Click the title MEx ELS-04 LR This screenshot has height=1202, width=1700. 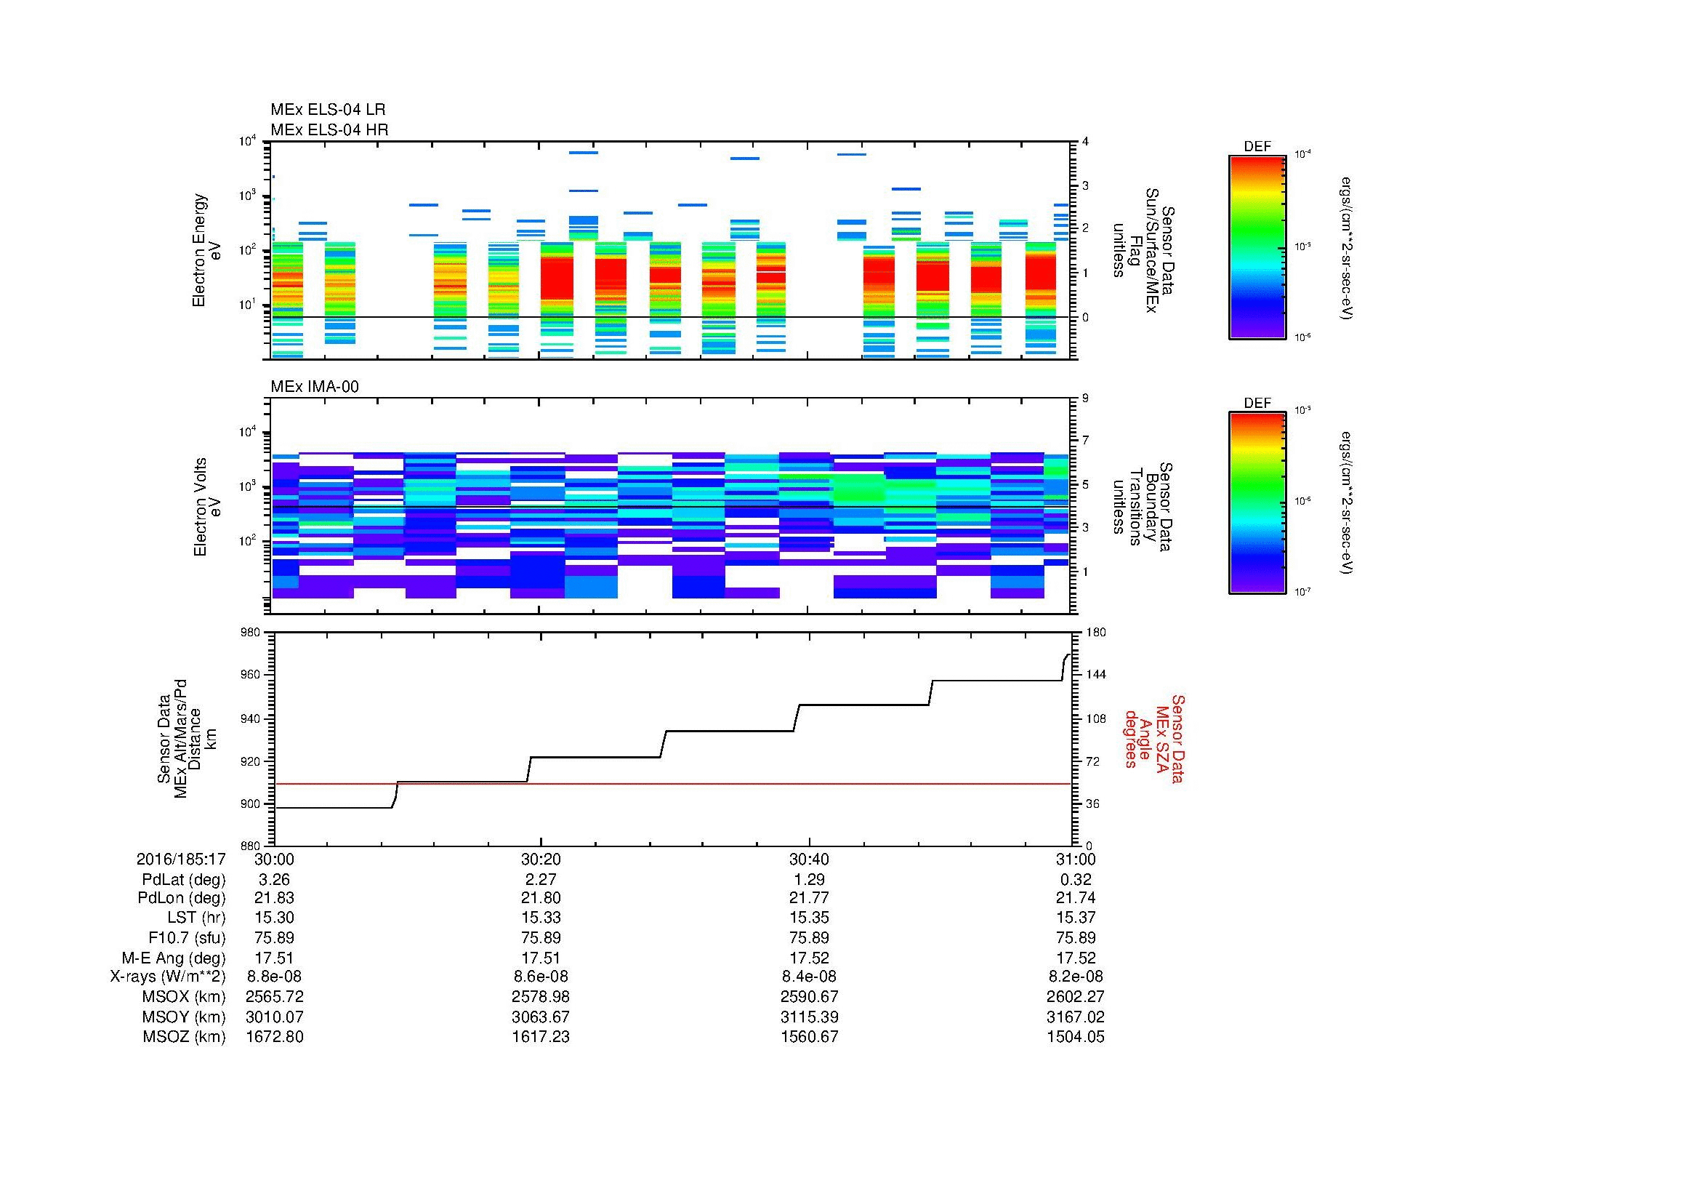[327, 110]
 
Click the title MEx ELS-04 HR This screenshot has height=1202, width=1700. [329, 129]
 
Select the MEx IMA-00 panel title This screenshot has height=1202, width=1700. [314, 387]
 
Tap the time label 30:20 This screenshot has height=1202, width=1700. [541, 859]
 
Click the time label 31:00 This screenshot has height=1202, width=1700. [1075, 859]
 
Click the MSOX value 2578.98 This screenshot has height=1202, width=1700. [541, 997]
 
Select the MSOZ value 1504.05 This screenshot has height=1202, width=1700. [1075, 1037]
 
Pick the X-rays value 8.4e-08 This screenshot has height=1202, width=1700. [808, 977]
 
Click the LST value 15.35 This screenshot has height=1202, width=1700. [808, 918]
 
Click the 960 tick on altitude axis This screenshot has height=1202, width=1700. [254, 675]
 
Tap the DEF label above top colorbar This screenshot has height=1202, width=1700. [1257, 147]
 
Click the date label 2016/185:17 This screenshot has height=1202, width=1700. [181, 859]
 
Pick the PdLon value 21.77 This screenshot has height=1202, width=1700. [808, 898]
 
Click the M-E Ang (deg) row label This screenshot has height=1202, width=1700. [173, 958]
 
